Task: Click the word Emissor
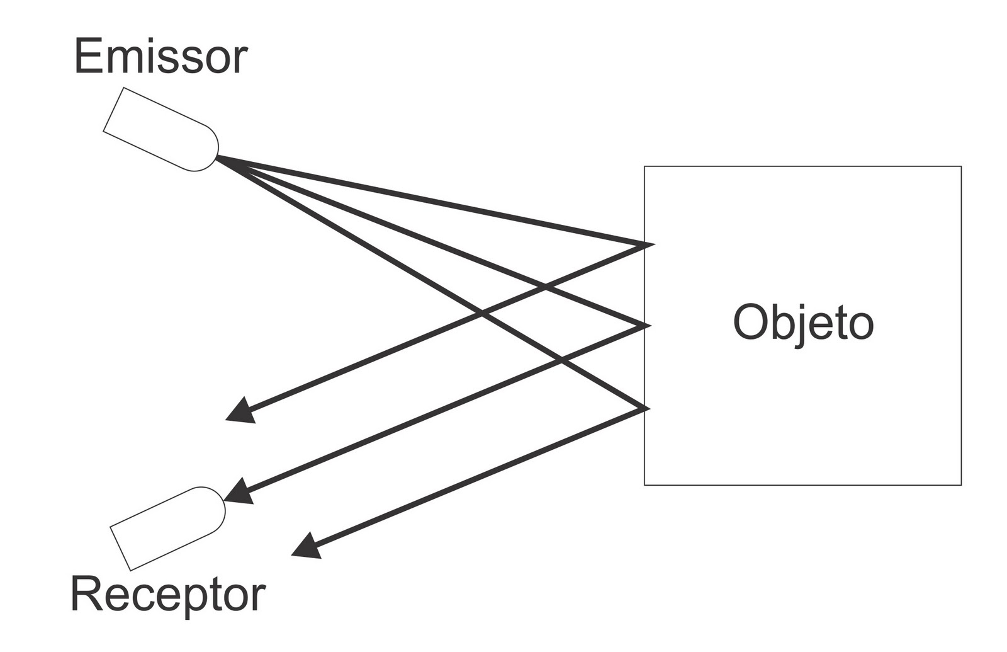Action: tap(161, 57)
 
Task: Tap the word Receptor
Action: tap(167, 595)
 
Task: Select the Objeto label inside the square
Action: tap(804, 323)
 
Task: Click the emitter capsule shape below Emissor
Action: tap(161, 130)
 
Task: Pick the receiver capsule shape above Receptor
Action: tap(167, 528)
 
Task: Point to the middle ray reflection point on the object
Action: tap(646, 326)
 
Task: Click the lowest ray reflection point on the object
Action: tap(646, 409)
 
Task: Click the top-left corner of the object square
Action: tap(644, 167)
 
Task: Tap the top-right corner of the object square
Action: tap(961, 167)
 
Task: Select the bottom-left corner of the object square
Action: tap(644, 485)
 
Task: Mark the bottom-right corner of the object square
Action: tap(961, 485)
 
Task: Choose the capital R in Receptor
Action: tap(87, 594)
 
